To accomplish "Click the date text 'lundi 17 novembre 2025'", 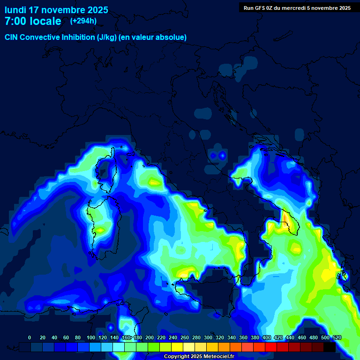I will tap(56, 10).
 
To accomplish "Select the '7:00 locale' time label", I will tap(33, 21).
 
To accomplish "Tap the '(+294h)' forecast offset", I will tap(83, 21).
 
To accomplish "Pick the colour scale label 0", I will tap(30, 337).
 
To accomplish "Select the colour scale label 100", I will tap(78, 337).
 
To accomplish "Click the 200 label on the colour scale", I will tap(150, 337).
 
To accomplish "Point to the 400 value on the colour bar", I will tap(267, 337).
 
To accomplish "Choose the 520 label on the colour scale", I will tap(337, 337).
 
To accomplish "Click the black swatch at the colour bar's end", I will tap(330, 347).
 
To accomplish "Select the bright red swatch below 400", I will tap(271, 347).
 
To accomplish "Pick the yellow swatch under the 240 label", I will tap(177, 347).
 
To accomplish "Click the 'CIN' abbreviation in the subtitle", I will tap(12, 37).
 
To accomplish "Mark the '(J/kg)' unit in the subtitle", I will tap(107, 37).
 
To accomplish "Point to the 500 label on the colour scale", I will tap(325, 337).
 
